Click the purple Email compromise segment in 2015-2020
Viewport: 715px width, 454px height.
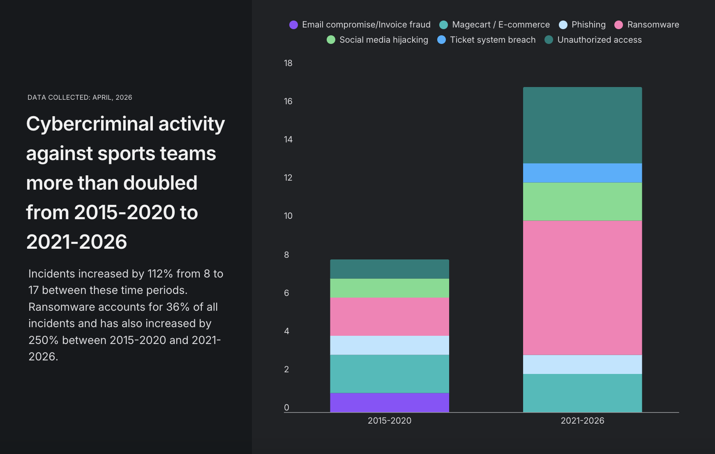tap(389, 402)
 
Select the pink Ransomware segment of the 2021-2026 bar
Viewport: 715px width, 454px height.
tap(582, 287)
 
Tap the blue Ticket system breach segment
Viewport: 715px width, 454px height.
tap(582, 173)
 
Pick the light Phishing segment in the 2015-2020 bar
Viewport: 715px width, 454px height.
tap(389, 345)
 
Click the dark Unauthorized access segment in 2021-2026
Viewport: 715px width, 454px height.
tap(582, 125)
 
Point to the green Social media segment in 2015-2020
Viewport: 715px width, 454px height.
tap(389, 288)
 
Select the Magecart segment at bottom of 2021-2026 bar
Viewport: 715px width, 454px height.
tap(582, 393)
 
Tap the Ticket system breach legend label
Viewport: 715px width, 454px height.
tap(492, 40)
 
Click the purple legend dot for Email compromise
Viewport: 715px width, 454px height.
tap(293, 25)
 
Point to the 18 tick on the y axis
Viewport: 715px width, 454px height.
tap(288, 63)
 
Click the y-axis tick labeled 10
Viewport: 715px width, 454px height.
tap(288, 216)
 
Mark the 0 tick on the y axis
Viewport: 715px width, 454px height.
tap(286, 407)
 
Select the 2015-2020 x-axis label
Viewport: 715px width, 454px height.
tap(389, 420)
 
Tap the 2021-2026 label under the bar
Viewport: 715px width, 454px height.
tap(582, 420)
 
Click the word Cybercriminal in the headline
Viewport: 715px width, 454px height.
tap(90, 124)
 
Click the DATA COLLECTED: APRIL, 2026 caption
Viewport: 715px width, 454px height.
tap(80, 97)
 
